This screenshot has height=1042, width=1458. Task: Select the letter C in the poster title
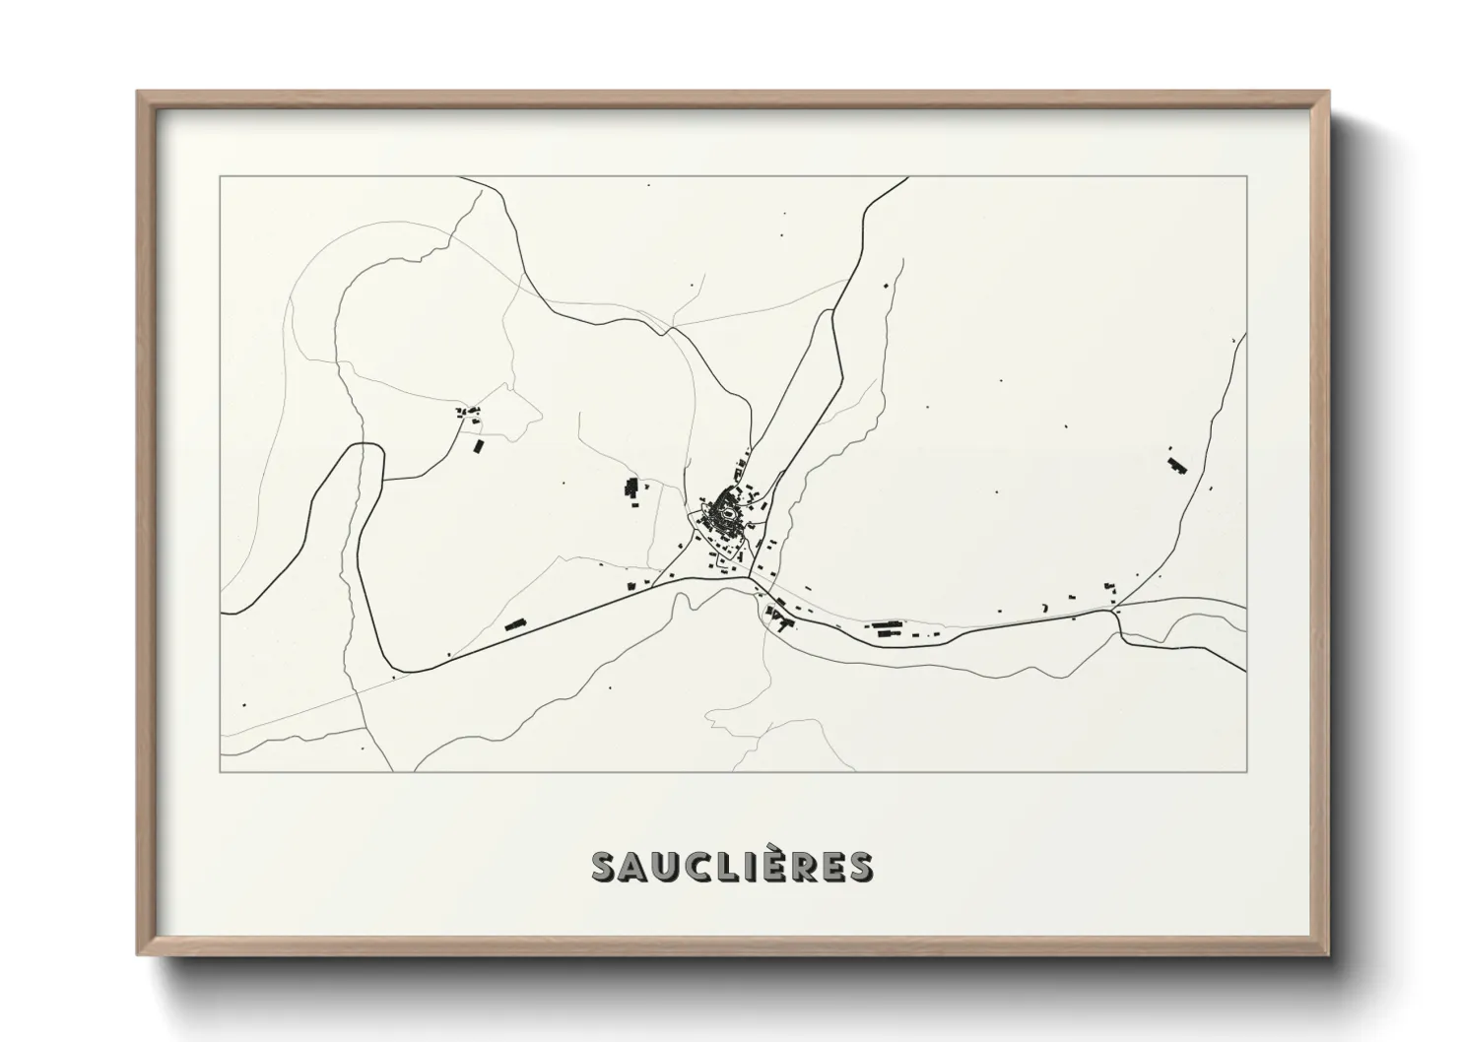705,867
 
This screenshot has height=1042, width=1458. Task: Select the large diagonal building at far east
1175,464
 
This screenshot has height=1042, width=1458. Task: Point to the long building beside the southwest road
513,624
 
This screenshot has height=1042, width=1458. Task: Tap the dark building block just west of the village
631,487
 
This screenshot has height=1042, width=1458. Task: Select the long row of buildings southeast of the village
886,626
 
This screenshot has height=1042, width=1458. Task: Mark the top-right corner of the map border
1246,177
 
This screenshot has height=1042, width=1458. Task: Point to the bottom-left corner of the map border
221,771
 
